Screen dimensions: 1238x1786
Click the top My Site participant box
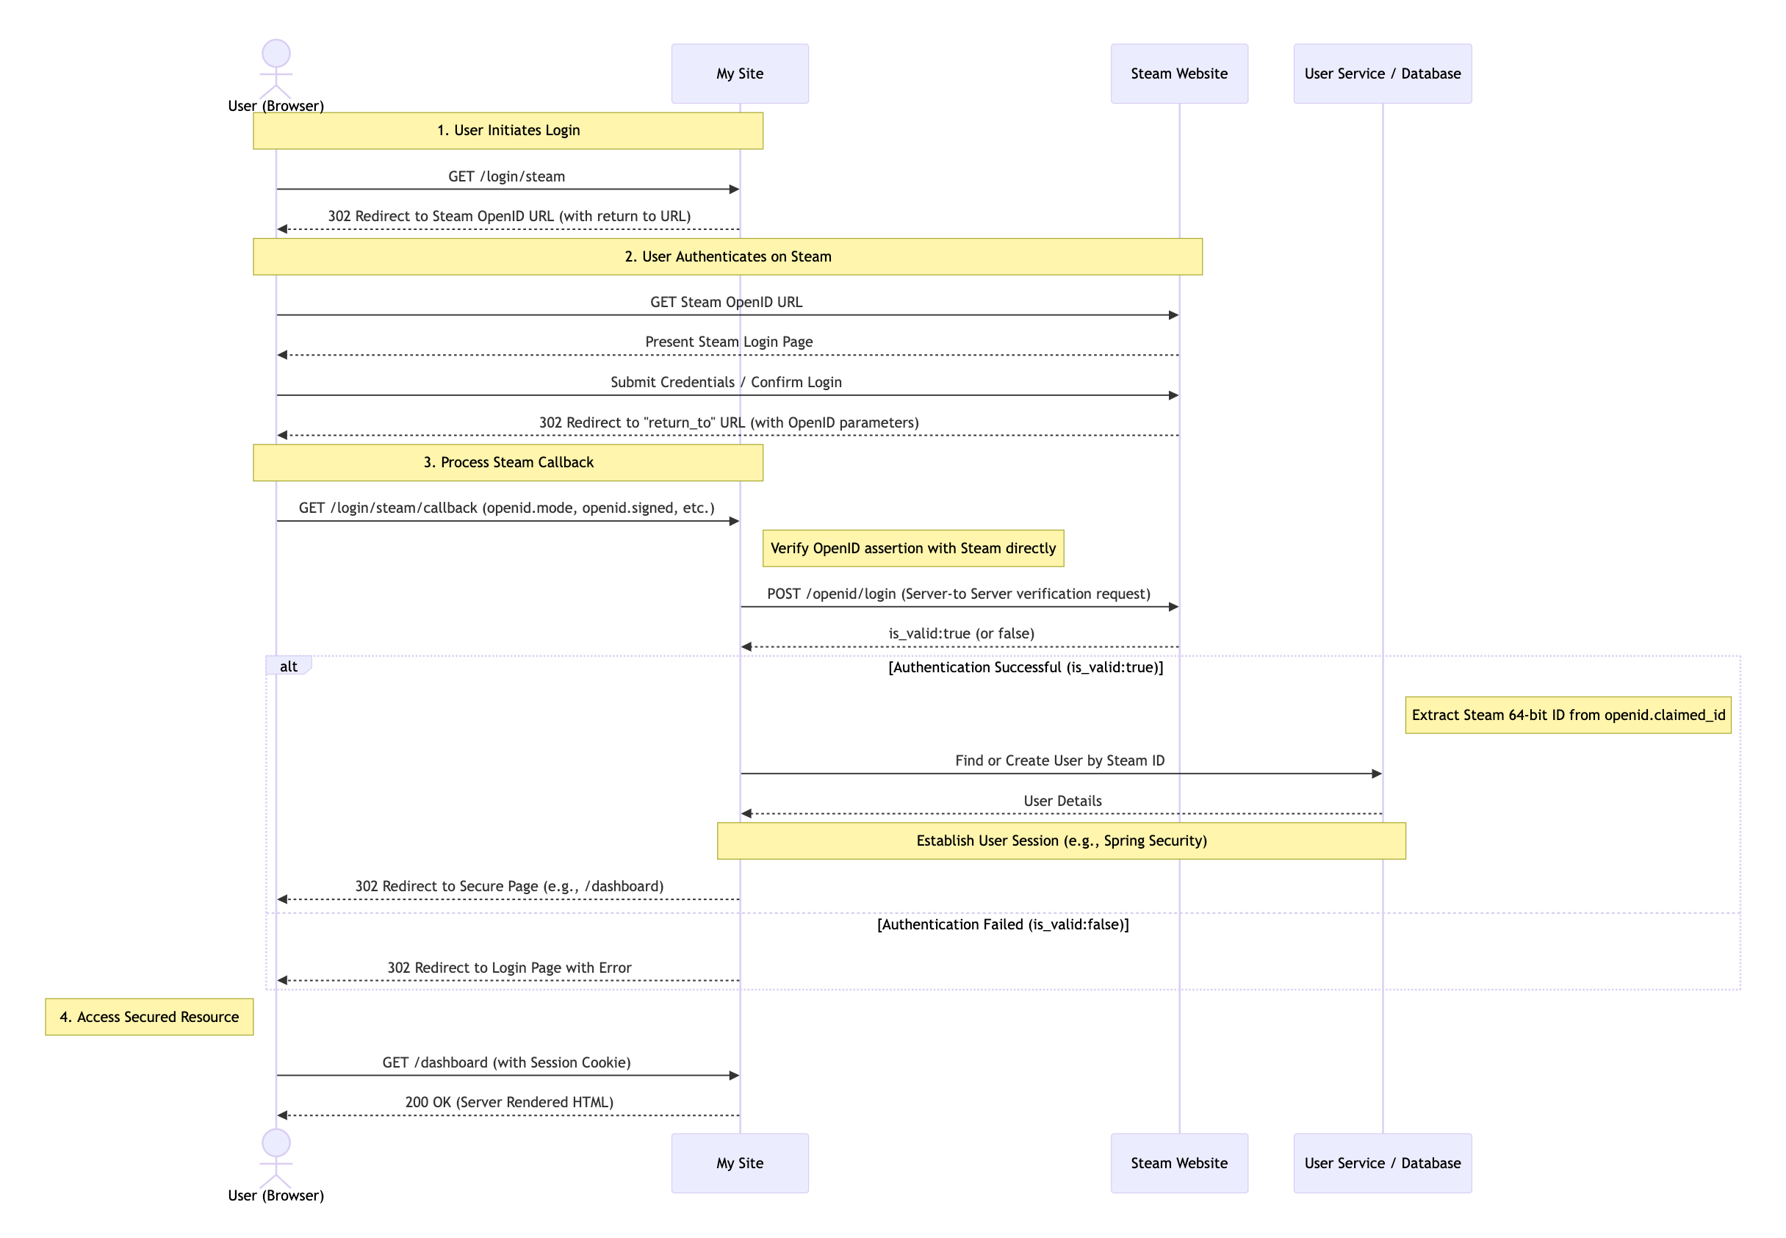(x=739, y=73)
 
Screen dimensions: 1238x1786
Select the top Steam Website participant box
(x=1178, y=73)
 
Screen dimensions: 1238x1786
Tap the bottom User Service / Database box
(x=1381, y=1162)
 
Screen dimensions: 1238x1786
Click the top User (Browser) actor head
(x=276, y=54)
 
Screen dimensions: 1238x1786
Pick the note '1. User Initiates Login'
(x=508, y=130)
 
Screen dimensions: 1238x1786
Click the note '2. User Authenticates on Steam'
(x=727, y=256)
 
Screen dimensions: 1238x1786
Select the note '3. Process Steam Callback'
(x=508, y=462)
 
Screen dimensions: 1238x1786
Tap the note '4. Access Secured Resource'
(x=149, y=1016)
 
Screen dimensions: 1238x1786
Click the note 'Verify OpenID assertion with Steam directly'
(x=912, y=548)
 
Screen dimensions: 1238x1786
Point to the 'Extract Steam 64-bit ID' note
(x=1567, y=715)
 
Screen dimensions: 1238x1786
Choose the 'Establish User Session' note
(x=1060, y=841)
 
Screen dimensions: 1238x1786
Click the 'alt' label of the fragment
(x=289, y=666)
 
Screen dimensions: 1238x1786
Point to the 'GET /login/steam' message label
(x=506, y=176)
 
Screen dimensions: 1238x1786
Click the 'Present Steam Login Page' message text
(x=728, y=342)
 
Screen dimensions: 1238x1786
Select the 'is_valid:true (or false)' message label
(x=960, y=634)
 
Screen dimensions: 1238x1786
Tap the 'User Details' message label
(x=1062, y=801)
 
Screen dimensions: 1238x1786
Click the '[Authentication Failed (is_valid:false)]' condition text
(x=1002, y=924)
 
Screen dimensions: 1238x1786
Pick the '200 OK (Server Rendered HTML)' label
(x=508, y=1101)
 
